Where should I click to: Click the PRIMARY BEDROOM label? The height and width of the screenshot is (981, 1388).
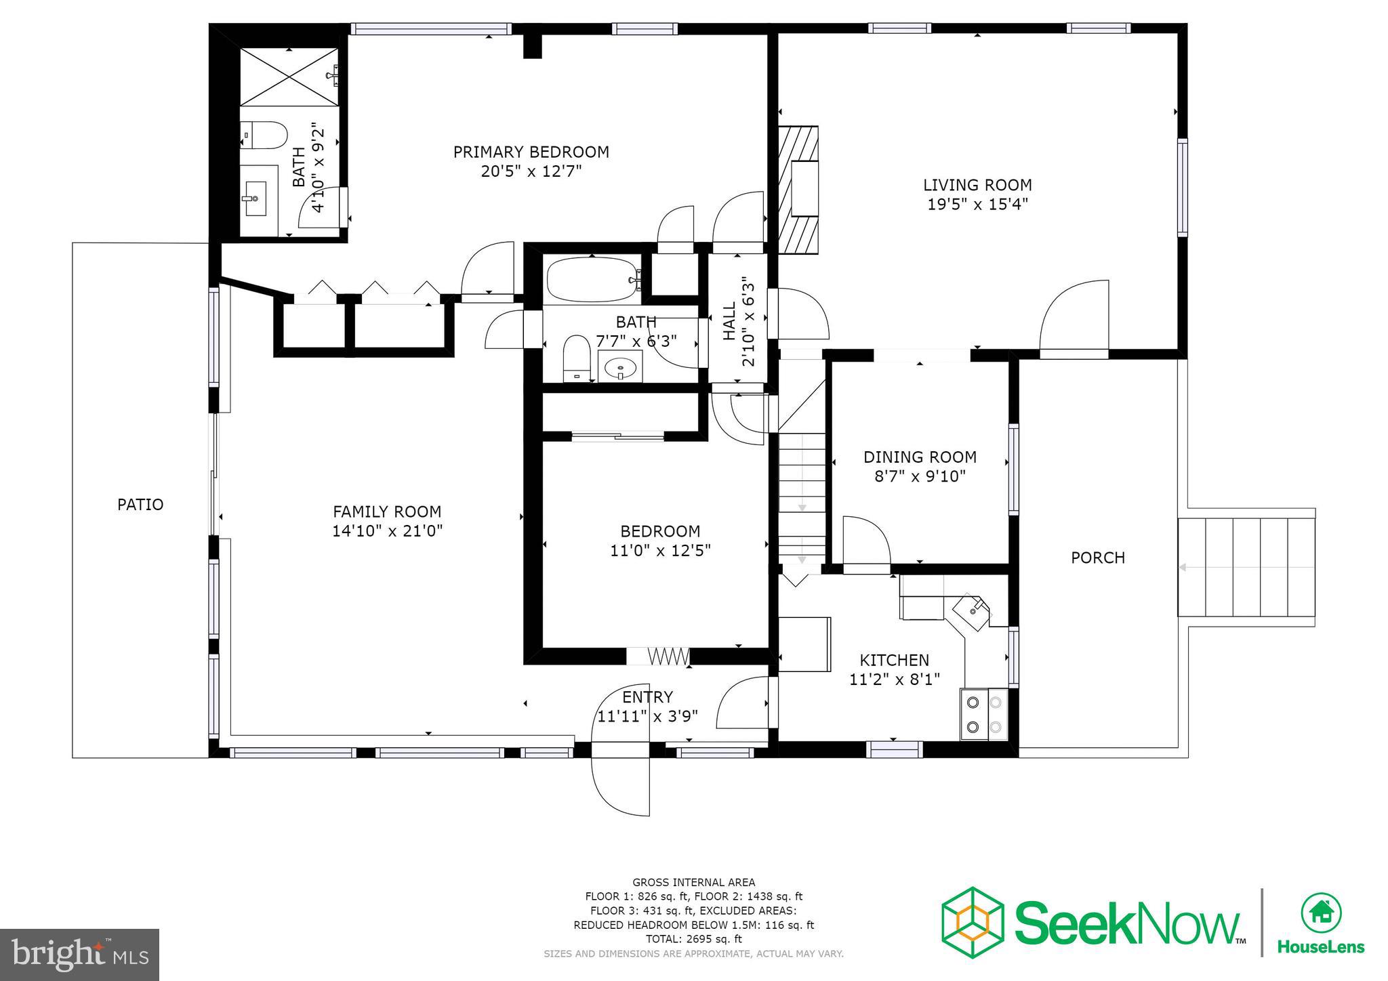pyautogui.click(x=531, y=152)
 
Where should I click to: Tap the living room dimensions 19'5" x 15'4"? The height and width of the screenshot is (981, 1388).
pyautogui.click(x=977, y=204)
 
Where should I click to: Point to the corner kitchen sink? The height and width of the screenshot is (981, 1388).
pyautogui.click(x=973, y=609)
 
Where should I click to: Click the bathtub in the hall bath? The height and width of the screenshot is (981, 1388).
pyautogui.click(x=593, y=280)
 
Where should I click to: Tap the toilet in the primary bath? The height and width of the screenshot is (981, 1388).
pyautogui.click(x=264, y=135)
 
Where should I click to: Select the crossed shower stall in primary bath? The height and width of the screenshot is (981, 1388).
pyautogui.click(x=289, y=76)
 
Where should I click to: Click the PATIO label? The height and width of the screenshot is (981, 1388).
pyautogui.click(x=140, y=505)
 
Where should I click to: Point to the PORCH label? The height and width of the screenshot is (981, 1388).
pyautogui.click(x=1097, y=558)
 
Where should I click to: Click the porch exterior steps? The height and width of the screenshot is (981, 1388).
pyautogui.click(x=1246, y=567)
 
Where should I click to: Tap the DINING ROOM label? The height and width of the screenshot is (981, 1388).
pyautogui.click(x=920, y=457)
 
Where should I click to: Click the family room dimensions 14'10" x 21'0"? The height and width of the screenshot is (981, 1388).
pyautogui.click(x=387, y=530)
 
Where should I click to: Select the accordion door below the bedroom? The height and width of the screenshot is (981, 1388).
pyautogui.click(x=668, y=656)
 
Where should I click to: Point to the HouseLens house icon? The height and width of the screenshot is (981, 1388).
pyautogui.click(x=1321, y=913)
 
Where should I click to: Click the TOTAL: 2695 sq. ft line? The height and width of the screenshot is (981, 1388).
pyautogui.click(x=693, y=939)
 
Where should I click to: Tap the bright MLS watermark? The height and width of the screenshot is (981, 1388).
pyautogui.click(x=79, y=955)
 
